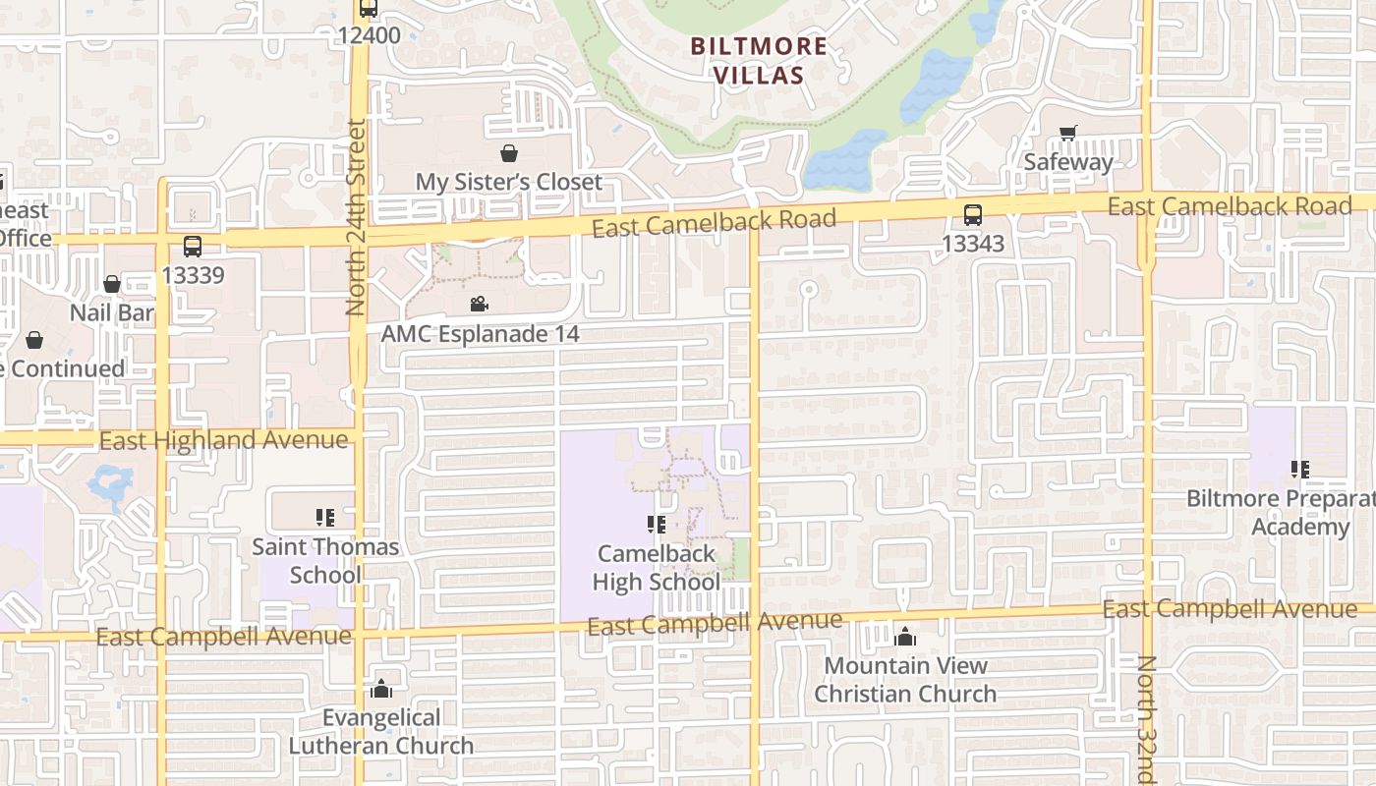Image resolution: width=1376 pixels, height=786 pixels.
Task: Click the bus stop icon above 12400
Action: pyautogui.click(x=369, y=9)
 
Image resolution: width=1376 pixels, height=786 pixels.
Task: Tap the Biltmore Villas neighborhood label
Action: pyautogui.click(x=758, y=60)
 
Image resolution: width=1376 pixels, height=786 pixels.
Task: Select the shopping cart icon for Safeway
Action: pyautogui.click(x=1068, y=133)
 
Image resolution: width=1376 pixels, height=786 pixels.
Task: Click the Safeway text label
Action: pyautogui.click(x=1068, y=162)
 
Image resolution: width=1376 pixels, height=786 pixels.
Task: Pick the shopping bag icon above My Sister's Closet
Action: pyautogui.click(x=508, y=153)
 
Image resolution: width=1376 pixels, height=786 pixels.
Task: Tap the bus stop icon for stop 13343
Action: pyautogui.click(x=972, y=214)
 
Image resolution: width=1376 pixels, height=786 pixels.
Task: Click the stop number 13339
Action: pyautogui.click(x=193, y=275)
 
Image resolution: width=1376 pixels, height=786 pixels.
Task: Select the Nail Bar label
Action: pyautogui.click(x=112, y=312)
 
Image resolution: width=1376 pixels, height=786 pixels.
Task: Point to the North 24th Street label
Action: pyautogui.click(x=356, y=218)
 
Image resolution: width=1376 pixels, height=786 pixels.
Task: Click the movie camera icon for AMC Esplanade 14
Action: pyautogui.click(x=479, y=305)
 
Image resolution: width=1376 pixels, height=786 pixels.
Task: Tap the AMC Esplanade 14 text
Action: pyautogui.click(x=480, y=334)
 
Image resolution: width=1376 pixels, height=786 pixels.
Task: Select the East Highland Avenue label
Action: pyautogui.click(x=224, y=440)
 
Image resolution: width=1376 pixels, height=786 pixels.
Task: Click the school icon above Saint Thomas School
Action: pyautogui.click(x=325, y=517)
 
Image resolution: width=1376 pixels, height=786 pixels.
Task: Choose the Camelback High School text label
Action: pyautogui.click(x=657, y=568)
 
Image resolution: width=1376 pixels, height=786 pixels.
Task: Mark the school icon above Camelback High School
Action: pyautogui.click(x=657, y=525)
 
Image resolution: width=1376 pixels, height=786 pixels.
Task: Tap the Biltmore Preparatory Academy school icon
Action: pyautogui.click(x=1299, y=470)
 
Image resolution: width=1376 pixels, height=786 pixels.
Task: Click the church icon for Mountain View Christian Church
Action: pyautogui.click(x=905, y=637)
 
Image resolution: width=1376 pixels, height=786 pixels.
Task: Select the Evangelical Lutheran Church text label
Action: pyautogui.click(x=381, y=732)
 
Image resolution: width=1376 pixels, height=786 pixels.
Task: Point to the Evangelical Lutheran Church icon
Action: pyautogui.click(x=381, y=689)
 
